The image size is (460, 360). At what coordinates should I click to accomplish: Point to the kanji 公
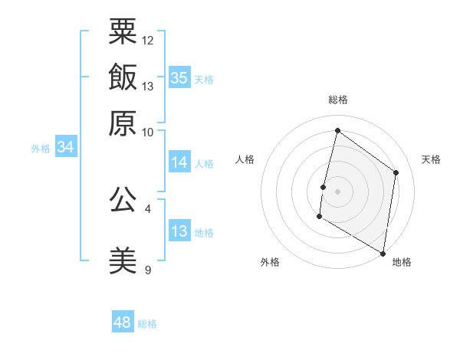123,199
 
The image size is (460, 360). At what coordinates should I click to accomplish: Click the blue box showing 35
179,77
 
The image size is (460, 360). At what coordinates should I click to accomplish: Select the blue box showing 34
65,147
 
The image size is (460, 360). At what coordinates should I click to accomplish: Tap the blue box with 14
179,162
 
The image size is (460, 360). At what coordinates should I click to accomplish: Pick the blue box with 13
179,231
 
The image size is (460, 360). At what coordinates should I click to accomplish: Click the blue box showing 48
123,322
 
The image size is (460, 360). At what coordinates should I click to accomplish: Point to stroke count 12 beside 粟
148,40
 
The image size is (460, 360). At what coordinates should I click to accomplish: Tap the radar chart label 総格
338,100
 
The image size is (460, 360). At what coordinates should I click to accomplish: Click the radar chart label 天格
431,159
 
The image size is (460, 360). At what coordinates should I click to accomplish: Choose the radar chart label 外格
270,262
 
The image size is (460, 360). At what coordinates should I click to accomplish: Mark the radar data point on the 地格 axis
383,253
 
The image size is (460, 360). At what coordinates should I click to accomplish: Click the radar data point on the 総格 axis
337,131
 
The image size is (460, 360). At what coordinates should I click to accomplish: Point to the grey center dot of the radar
337,191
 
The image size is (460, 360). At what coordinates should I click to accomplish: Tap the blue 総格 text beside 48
147,324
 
